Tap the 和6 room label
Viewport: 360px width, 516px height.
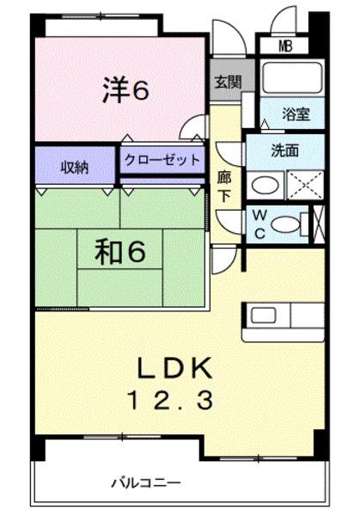click(119, 252)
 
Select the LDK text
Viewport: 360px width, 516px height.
click(174, 369)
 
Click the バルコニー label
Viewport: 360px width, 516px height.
click(145, 482)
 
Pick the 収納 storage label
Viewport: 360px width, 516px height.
click(74, 167)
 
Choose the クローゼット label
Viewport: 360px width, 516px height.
click(162, 160)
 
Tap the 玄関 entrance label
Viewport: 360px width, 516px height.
click(229, 83)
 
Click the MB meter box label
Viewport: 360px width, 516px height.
click(284, 46)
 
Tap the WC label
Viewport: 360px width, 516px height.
click(259, 224)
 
